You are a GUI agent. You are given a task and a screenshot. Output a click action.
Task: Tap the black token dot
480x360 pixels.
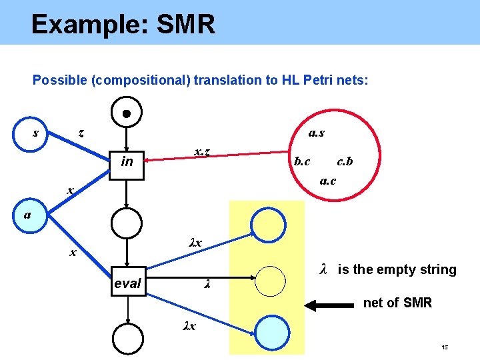pos(126,113)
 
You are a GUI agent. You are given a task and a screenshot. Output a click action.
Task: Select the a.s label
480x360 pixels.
pos(317,133)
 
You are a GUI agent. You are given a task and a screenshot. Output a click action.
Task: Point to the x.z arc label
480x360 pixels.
pos(203,151)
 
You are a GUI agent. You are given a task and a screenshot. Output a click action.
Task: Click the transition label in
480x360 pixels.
pos(127,161)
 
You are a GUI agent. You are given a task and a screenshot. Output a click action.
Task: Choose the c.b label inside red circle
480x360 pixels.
pos(345,161)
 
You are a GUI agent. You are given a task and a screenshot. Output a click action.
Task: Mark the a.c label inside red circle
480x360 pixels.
pos(327,180)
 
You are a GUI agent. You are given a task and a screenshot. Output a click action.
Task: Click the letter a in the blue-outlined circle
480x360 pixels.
pos(26,215)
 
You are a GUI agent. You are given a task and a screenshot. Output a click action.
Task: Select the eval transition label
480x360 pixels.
pos(127,283)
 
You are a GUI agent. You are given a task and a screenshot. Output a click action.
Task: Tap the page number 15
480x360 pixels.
pos(445,349)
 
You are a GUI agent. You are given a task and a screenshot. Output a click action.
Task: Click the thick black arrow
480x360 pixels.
pos(330,305)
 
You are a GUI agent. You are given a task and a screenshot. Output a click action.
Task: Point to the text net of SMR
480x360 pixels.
pos(397,303)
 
